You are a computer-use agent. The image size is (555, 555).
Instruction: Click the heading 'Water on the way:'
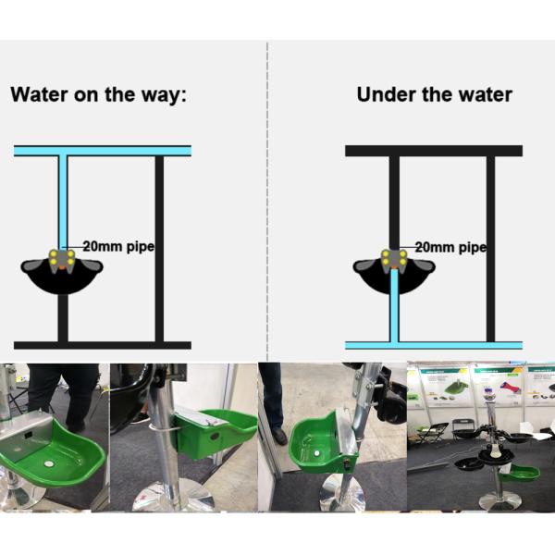tap(98, 94)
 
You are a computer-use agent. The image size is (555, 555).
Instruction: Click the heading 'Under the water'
tap(434, 94)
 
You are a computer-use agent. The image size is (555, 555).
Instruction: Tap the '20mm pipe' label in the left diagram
tap(117, 247)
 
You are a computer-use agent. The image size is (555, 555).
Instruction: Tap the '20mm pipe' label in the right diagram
tap(450, 247)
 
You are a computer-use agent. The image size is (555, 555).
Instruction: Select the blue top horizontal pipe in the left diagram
tap(102, 150)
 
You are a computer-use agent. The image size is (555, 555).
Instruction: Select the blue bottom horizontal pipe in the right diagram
tap(434, 345)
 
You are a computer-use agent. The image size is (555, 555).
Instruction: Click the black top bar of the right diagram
tap(434, 150)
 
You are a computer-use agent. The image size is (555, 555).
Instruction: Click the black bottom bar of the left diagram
tap(102, 345)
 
